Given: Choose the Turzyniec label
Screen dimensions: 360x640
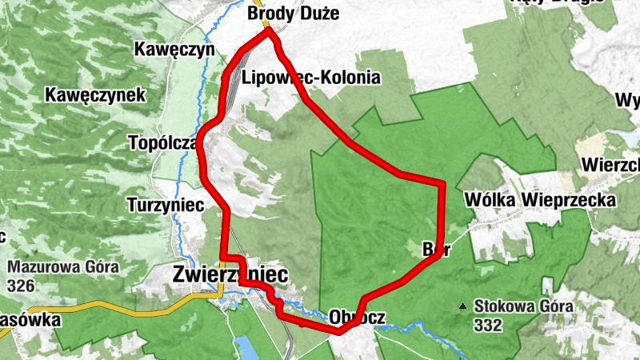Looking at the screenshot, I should coord(166,205).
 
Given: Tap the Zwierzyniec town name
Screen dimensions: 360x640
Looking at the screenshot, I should coord(230,274).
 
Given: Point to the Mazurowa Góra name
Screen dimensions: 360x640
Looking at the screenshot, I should coord(63,266).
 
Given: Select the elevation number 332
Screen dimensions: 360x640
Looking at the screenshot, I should coord(487,325).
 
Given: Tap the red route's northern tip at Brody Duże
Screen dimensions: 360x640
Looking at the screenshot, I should coord(269,33).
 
